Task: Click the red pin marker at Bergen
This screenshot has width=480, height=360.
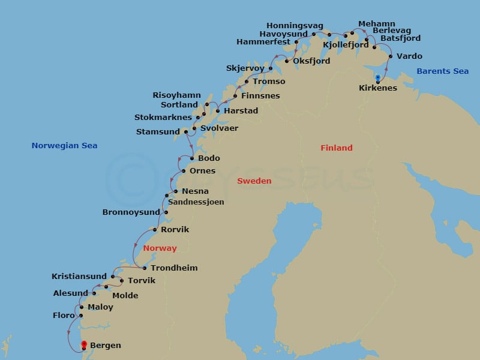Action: click(x=84, y=344)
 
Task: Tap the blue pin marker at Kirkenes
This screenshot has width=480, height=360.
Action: click(x=377, y=77)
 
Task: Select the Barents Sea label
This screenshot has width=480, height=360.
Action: click(x=442, y=71)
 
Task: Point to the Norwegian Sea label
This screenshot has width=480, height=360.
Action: click(x=64, y=146)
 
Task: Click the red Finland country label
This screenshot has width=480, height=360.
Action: click(x=336, y=148)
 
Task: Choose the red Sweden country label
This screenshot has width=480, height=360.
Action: click(x=254, y=181)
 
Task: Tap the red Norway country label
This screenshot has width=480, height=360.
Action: click(x=160, y=248)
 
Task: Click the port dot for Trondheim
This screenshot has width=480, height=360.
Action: click(x=145, y=268)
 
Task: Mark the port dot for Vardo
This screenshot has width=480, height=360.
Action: click(x=391, y=56)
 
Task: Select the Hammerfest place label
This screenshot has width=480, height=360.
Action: click(x=263, y=42)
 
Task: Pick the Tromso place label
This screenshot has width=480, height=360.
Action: click(x=269, y=81)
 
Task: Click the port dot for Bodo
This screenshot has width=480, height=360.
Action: click(x=191, y=158)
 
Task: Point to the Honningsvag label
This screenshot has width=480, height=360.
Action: click(x=295, y=26)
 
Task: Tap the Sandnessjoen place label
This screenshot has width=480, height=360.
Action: click(x=196, y=202)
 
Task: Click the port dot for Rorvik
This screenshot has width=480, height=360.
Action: click(x=155, y=230)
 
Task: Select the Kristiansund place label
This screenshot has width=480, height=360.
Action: click(x=80, y=276)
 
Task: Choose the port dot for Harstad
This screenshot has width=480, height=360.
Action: click(x=218, y=111)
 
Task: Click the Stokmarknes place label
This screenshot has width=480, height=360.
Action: click(x=163, y=118)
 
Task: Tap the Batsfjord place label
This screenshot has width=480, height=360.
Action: click(x=400, y=38)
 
